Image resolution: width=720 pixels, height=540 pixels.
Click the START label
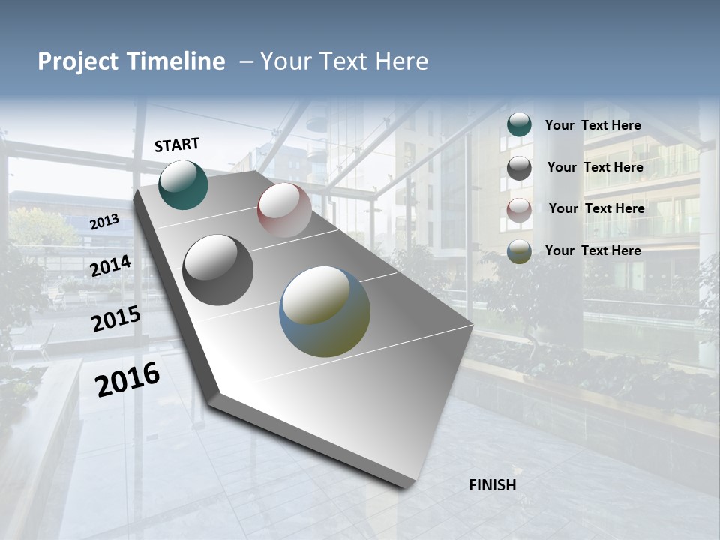pyautogui.click(x=177, y=145)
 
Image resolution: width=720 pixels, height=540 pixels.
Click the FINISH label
pyautogui.click(x=492, y=485)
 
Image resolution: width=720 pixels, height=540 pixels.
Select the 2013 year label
pyautogui.click(x=104, y=222)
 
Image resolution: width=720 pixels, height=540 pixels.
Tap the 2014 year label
pyautogui.click(x=110, y=266)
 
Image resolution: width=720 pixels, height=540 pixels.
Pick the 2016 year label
pyautogui.click(x=127, y=379)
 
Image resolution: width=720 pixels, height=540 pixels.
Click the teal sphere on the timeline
pyautogui.click(x=183, y=184)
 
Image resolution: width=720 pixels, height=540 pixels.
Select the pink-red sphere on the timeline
pyautogui.click(x=284, y=210)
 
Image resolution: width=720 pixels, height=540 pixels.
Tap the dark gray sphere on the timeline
pyautogui.click(x=217, y=270)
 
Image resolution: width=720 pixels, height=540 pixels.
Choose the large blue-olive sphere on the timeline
pyautogui.click(x=325, y=311)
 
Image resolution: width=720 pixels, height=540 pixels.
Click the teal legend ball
pyautogui.click(x=519, y=125)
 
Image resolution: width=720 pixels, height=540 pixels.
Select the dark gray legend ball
pyautogui.click(x=519, y=168)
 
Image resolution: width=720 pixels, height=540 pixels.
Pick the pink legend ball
pyautogui.click(x=519, y=210)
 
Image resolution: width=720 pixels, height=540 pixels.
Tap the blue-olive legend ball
pyautogui.click(x=519, y=252)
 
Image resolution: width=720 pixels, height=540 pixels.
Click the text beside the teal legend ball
pyautogui.click(x=592, y=125)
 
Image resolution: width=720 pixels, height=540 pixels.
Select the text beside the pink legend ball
pyautogui.click(x=596, y=208)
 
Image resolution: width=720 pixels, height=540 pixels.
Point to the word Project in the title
pyautogui.click(x=77, y=61)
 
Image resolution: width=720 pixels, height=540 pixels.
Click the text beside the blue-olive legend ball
pyautogui.click(x=592, y=250)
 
